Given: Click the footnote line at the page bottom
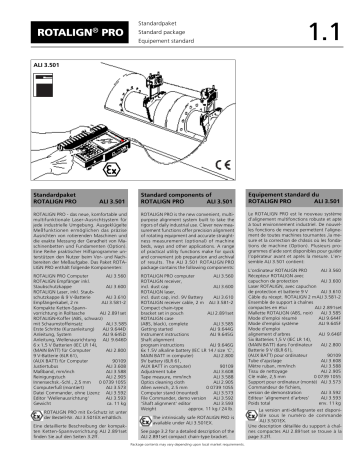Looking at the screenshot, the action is coord(180,461).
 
